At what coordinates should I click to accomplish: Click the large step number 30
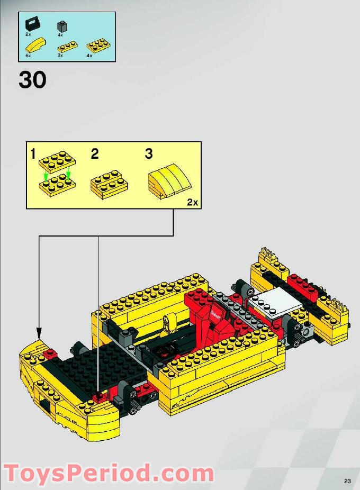click(32, 79)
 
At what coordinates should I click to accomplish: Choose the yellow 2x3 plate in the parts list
click(95, 45)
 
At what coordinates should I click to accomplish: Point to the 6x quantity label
click(28, 55)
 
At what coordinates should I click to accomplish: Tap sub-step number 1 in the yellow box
click(33, 155)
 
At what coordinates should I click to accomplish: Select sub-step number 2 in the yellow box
click(94, 154)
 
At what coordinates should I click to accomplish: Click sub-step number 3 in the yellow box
click(149, 154)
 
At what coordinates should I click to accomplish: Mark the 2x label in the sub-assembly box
click(192, 202)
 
